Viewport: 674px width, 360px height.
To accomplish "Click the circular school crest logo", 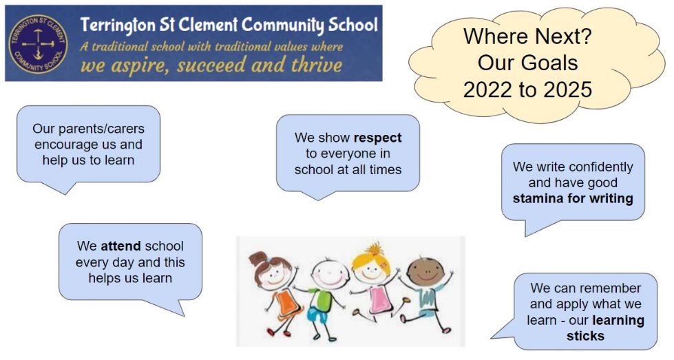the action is [x=38, y=44].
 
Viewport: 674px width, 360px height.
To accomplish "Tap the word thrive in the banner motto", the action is [x=317, y=65].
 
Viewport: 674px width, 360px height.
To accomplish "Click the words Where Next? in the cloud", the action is [x=527, y=36].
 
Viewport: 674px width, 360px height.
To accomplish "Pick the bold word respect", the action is [x=377, y=138].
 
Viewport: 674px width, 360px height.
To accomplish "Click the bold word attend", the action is [x=120, y=246].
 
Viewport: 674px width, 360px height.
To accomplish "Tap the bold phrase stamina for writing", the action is [x=573, y=198].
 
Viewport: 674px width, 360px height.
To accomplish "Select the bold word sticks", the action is [x=585, y=335].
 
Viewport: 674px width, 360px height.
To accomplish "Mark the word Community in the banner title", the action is [x=282, y=25].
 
